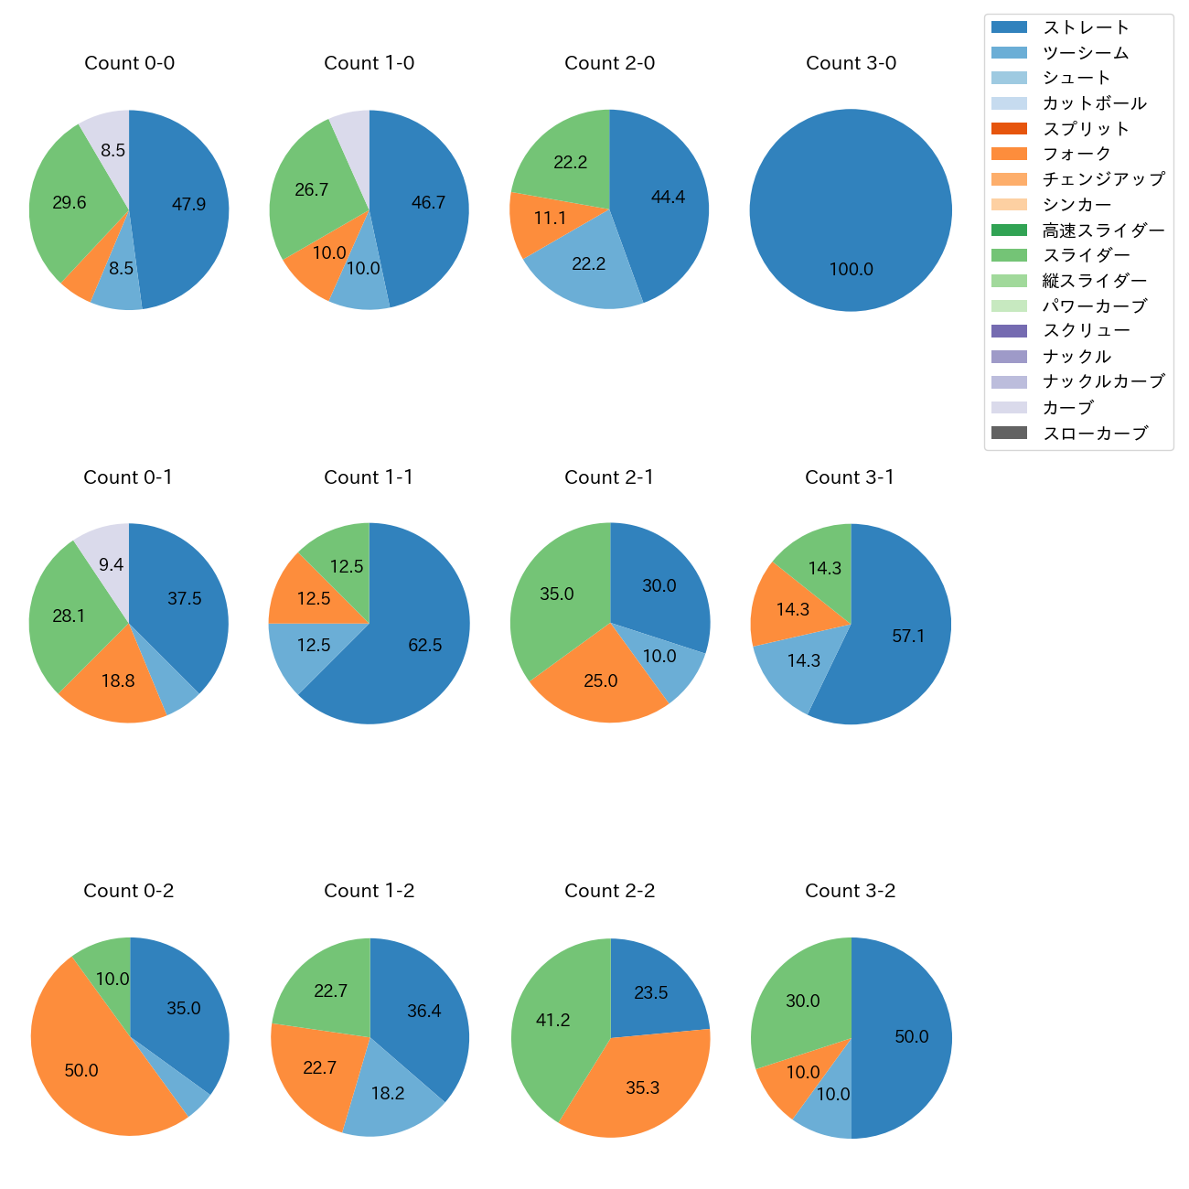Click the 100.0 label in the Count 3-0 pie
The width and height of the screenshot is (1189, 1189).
click(851, 270)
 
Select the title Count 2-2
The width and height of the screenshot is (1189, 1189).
click(609, 891)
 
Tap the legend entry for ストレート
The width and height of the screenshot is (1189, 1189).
click(1086, 27)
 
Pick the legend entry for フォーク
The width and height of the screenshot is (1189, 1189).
click(1077, 154)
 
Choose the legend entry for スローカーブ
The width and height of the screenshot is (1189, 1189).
click(1095, 434)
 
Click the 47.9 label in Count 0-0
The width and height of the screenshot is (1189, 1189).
click(188, 204)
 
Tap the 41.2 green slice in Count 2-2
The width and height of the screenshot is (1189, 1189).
click(553, 1020)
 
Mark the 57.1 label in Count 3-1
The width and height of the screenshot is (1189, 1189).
click(908, 636)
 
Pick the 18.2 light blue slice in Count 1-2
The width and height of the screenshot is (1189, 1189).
click(388, 1094)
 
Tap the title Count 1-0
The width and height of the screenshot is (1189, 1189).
click(369, 63)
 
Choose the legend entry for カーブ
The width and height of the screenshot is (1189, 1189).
click(1067, 408)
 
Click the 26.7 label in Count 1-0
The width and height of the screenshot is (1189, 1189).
click(311, 190)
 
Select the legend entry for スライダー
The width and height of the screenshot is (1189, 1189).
click(1086, 255)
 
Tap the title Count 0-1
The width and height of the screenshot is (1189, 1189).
click(128, 477)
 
